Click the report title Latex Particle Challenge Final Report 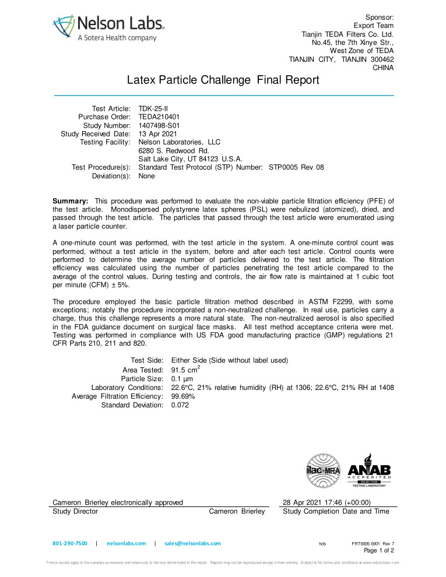[223, 80]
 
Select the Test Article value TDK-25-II [153, 108]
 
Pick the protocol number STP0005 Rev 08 [296, 167]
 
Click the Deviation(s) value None [146, 175]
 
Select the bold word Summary [70, 201]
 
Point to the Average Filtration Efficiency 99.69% [183, 396]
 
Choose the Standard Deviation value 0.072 [180, 405]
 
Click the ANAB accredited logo [369, 470]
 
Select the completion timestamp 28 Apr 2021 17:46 [326, 502]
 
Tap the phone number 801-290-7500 [70, 543]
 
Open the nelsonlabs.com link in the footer [126, 543]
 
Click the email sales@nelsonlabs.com [192, 543]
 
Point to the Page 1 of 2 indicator [379, 550]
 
